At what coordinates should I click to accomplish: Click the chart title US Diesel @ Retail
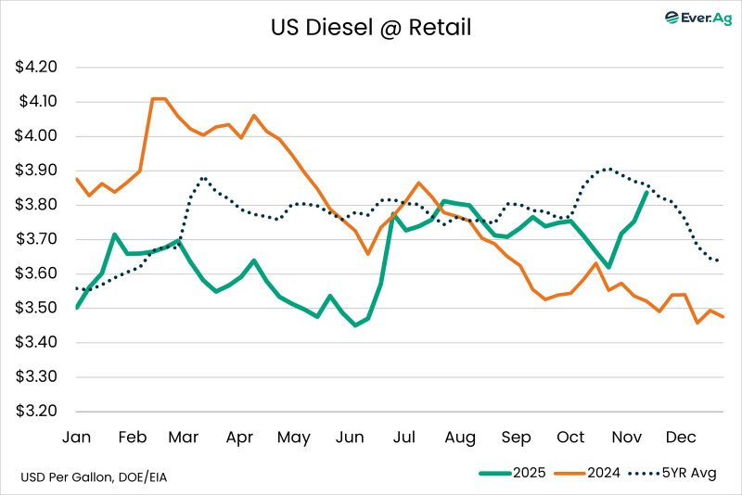click(371, 28)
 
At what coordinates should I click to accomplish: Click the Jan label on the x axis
click(76, 438)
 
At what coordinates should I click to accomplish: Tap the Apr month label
click(240, 438)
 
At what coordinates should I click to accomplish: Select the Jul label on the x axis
click(404, 438)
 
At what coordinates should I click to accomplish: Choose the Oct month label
click(570, 438)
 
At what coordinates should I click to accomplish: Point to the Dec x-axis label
click(682, 438)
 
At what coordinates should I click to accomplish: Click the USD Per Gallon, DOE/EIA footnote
click(93, 476)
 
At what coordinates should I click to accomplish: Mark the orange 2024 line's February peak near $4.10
click(159, 98)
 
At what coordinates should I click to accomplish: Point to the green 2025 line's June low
click(354, 325)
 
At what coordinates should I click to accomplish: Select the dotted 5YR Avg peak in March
click(202, 178)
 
